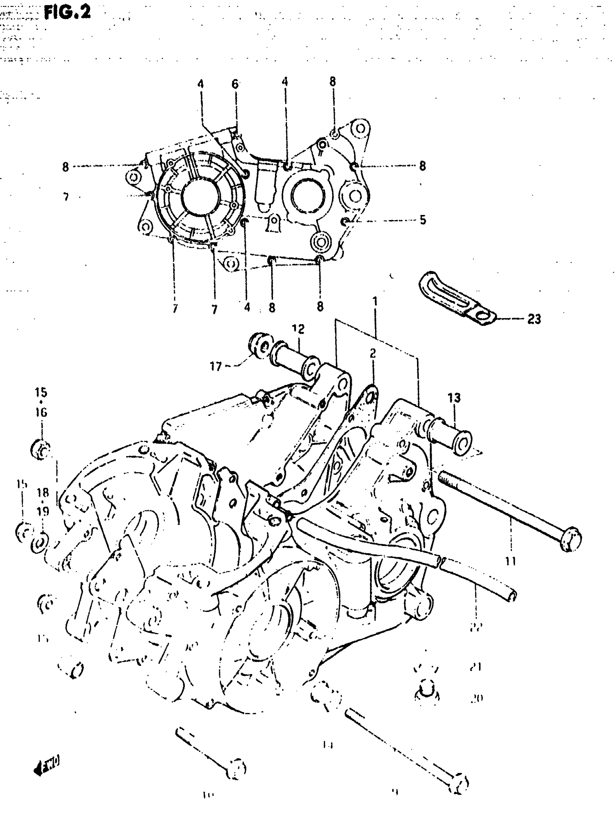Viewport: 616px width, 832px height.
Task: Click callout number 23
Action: point(534,319)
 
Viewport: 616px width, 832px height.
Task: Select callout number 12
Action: point(298,329)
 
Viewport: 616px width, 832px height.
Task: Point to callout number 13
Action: point(454,398)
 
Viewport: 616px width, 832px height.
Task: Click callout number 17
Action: point(216,367)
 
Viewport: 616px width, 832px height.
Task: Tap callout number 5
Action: point(423,220)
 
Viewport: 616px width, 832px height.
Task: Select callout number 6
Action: point(235,84)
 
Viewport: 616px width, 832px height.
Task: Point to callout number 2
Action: point(372,353)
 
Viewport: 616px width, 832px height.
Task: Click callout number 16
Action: point(41,412)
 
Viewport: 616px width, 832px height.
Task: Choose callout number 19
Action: point(43,511)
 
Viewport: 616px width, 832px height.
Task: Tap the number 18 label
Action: point(43,493)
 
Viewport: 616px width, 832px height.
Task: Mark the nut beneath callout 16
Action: point(40,450)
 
